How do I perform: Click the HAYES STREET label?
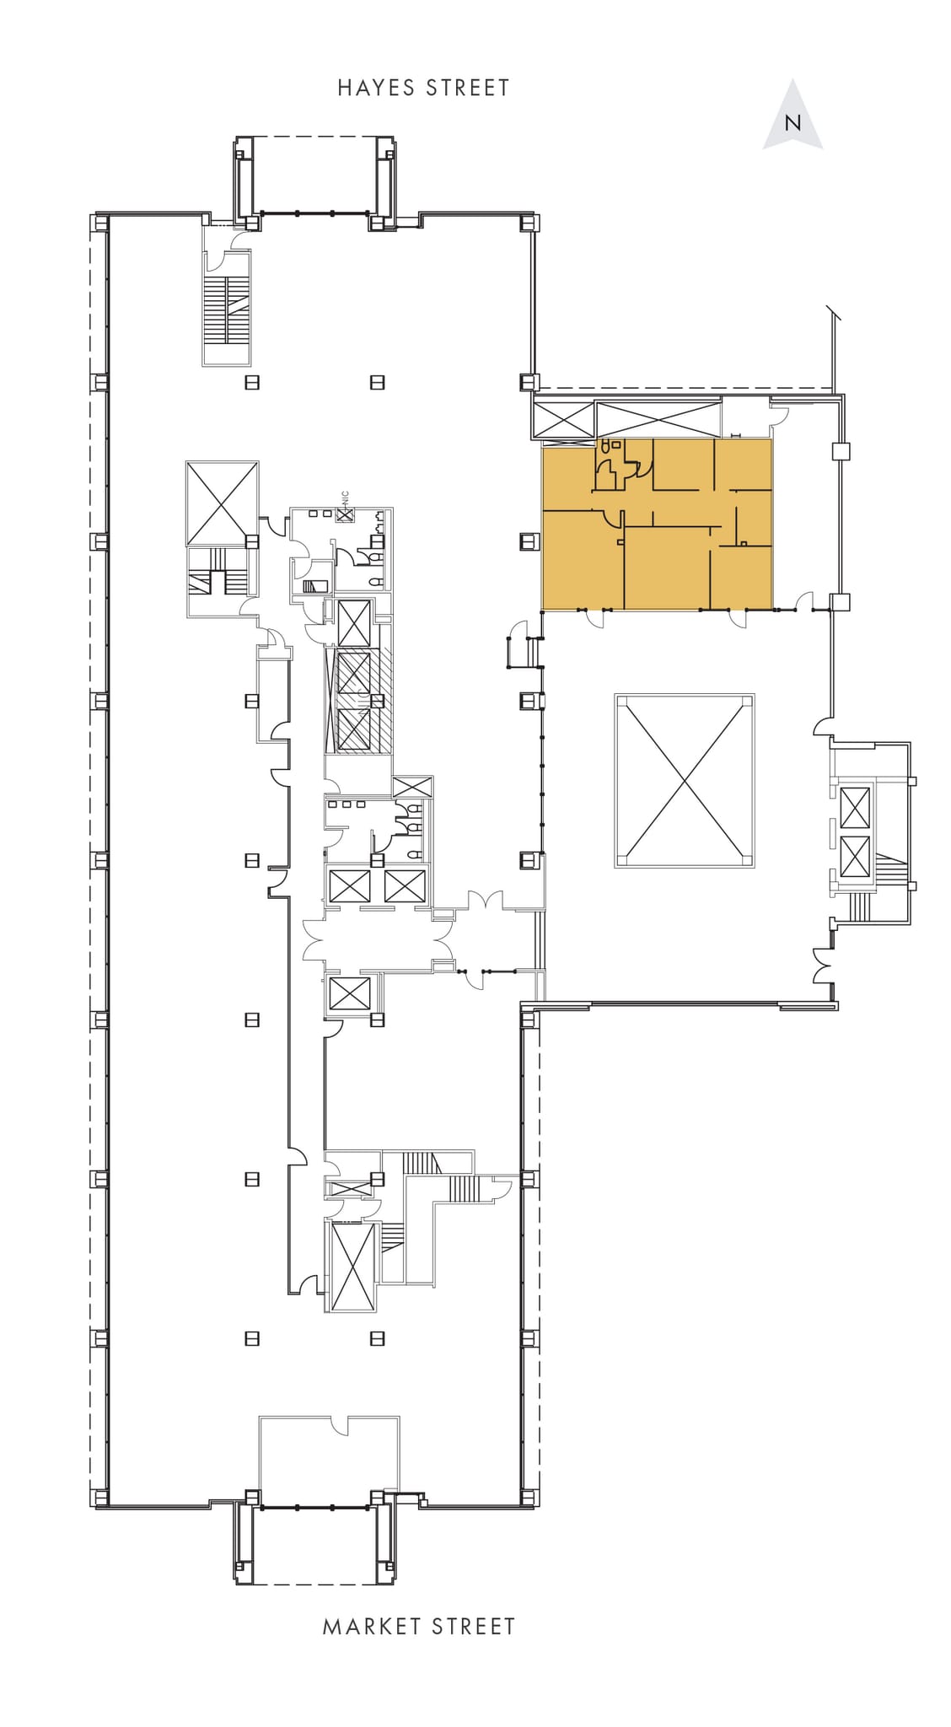(x=423, y=88)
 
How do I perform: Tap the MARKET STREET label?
(x=419, y=1627)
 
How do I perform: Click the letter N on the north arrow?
(x=792, y=123)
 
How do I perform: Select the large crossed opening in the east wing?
(x=684, y=781)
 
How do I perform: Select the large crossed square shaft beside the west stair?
(x=222, y=503)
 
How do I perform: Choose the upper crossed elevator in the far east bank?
(x=854, y=807)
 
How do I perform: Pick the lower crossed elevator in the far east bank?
(x=854, y=858)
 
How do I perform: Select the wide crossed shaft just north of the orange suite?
(x=658, y=419)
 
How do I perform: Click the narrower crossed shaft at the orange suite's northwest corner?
(x=563, y=419)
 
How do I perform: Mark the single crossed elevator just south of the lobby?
(x=349, y=993)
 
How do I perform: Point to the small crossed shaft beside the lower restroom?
(x=412, y=786)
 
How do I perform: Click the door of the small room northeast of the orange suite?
(x=781, y=413)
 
